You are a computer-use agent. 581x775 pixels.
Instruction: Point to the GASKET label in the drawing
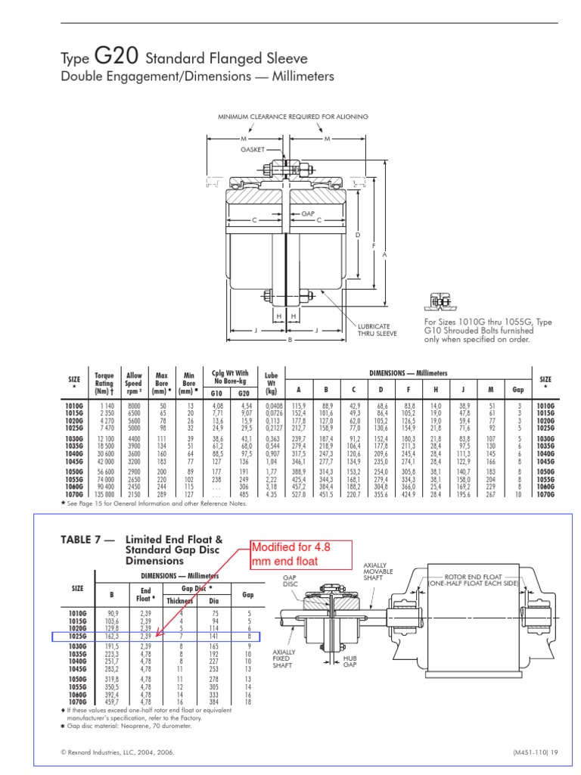coord(253,150)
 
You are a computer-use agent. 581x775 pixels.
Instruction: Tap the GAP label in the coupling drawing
coord(308,214)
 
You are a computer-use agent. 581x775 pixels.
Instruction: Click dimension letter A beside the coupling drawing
coord(384,255)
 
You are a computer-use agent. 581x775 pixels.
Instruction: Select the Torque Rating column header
coord(104,384)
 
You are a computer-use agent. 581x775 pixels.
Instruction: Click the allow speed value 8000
coord(134,406)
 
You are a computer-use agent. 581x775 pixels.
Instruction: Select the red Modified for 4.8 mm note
coord(291,554)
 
